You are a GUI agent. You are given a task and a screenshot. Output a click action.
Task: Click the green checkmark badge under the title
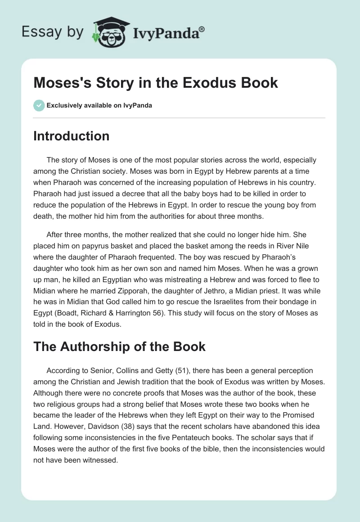click(x=39, y=106)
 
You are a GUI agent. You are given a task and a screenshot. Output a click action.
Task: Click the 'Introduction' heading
click(x=71, y=136)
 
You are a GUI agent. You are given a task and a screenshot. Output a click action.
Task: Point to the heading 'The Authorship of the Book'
click(x=119, y=346)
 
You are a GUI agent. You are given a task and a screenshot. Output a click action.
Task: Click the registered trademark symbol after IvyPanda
click(x=202, y=28)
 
